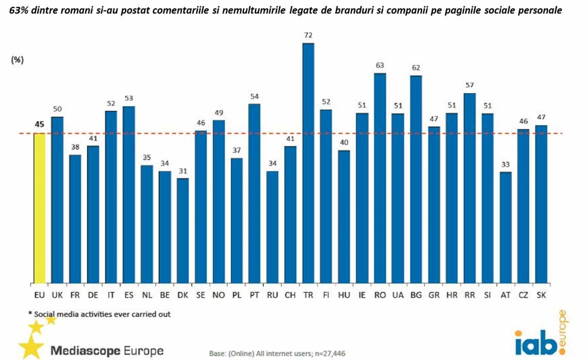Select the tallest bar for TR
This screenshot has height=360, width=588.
click(308, 163)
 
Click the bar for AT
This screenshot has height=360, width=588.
click(505, 227)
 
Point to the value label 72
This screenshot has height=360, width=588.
click(308, 35)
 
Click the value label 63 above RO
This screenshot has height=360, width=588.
click(380, 65)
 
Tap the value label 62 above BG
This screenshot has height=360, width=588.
click(416, 67)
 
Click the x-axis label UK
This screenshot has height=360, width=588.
click(57, 295)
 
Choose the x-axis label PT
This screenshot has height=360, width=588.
click(254, 295)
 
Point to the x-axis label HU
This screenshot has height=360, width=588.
click(344, 295)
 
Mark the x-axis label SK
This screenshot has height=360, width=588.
click(541, 295)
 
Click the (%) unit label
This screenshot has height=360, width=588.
click(17, 60)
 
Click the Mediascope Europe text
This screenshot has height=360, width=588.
click(107, 351)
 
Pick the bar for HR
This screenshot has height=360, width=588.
click(452, 198)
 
